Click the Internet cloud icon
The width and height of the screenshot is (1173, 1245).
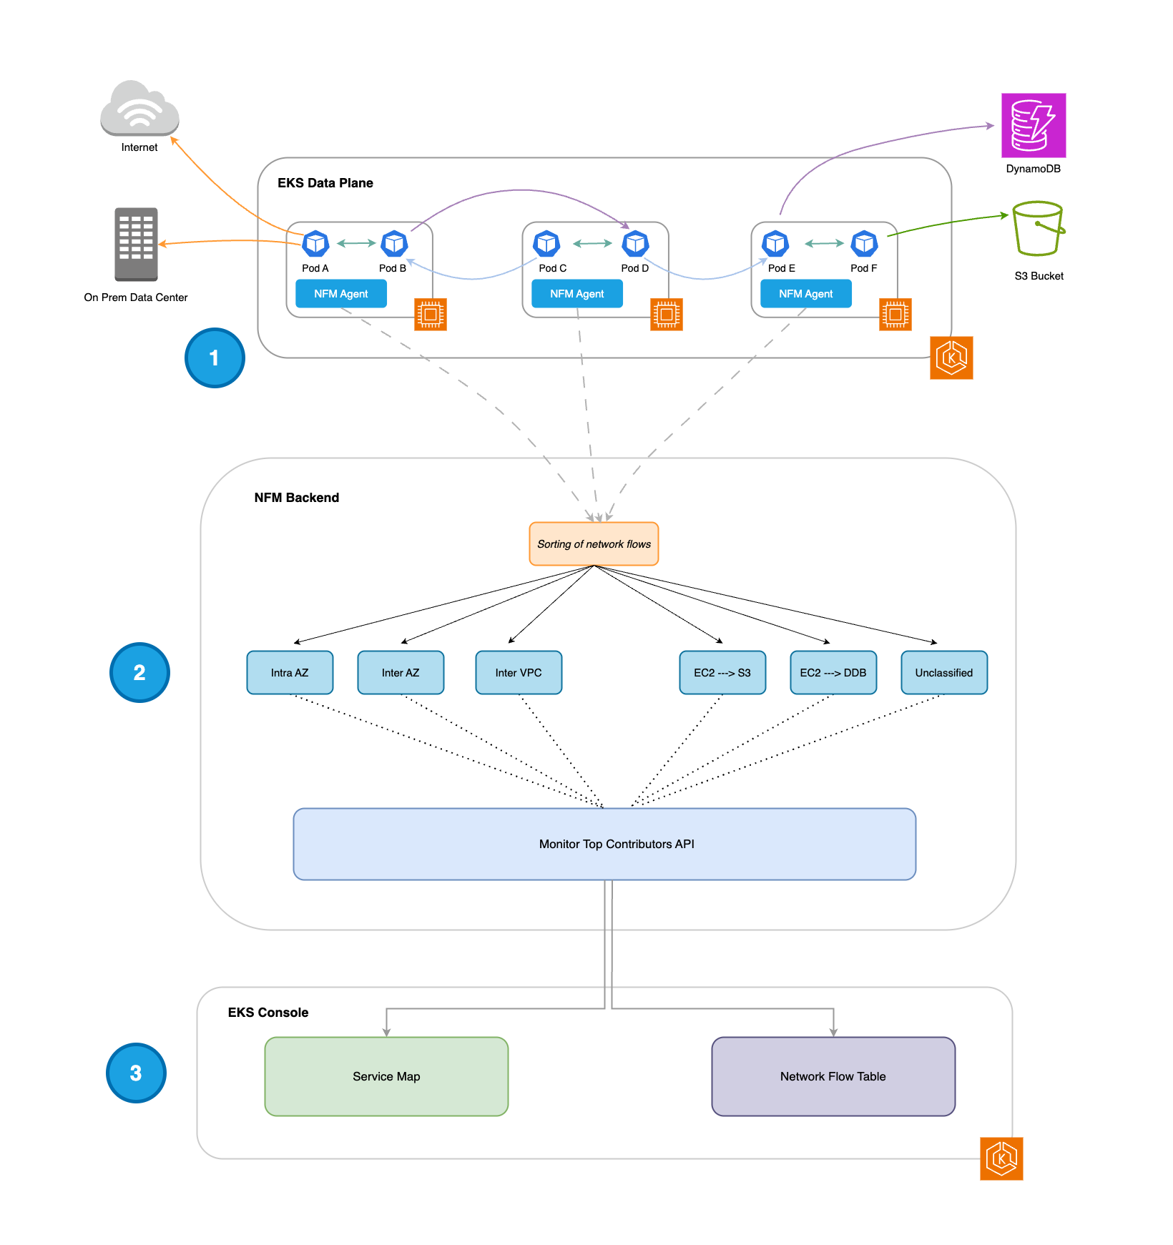tap(139, 109)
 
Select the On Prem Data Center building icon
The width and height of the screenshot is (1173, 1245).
tap(136, 244)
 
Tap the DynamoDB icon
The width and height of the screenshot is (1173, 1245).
tap(1034, 125)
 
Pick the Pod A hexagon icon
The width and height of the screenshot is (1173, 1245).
tap(315, 244)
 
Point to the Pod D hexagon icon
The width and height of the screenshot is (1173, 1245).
tap(635, 244)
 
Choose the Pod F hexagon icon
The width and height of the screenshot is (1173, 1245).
tap(864, 244)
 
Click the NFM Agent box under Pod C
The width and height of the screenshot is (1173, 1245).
tap(576, 294)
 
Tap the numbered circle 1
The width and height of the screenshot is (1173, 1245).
tap(215, 358)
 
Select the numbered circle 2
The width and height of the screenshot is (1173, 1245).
tap(139, 672)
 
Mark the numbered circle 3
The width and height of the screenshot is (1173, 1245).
tap(136, 1073)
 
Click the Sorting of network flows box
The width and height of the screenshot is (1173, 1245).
tap(594, 544)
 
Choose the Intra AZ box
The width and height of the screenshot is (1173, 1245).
tap(290, 672)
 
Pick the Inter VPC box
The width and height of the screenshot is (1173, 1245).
tap(519, 672)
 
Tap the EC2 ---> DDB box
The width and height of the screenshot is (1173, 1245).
tap(833, 672)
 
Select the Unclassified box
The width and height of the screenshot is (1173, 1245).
tap(944, 672)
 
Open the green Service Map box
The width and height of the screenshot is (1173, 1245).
tap(386, 1076)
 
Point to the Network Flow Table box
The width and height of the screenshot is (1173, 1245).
tap(833, 1076)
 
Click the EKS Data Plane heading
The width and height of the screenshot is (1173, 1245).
tap(325, 183)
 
